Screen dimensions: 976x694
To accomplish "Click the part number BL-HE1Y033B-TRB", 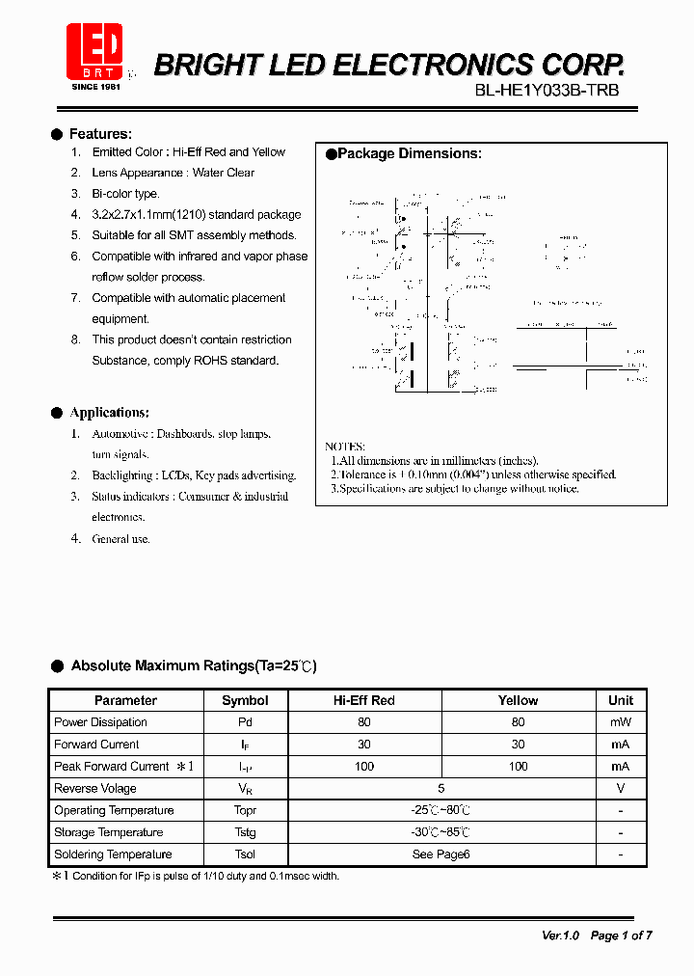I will pyautogui.click(x=547, y=91).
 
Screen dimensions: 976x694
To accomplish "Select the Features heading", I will pyautogui.click(x=100, y=134).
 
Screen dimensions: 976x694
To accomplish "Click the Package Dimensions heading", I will pyautogui.click(x=410, y=153).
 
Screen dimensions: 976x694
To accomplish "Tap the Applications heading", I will pyautogui.click(x=109, y=413).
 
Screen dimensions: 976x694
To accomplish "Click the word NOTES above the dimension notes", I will pyautogui.click(x=345, y=447).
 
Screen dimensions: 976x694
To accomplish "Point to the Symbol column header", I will pyautogui.click(x=245, y=700).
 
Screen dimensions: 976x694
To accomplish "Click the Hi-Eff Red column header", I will pyautogui.click(x=364, y=700).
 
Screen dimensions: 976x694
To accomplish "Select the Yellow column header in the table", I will pyautogui.click(x=518, y=700).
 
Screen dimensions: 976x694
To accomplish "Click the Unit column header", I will pyautogui.click(x=621, y=700).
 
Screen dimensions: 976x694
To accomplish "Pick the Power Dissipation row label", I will pyautogui.click(x=100, y=722).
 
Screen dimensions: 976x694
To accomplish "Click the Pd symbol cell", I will pyautogui.click(x=245, y=722).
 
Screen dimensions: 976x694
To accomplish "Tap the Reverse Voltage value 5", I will pyautogui.click(x=441, y=788).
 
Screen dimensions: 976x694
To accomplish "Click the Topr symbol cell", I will pyautogui.click(x=245, y=810).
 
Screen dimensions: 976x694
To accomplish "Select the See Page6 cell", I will pyautogui.click(x=441, y=854).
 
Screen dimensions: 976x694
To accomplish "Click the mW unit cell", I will pyautogui.click(x=621, y=722).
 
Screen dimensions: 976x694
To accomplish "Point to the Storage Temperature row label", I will pyautogui.click(x=108, y=832).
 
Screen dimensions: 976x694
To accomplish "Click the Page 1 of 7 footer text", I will pyautogui.click(x=621, y=935).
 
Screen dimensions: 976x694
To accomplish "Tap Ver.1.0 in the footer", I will pyautogui.click(x=560, y=935).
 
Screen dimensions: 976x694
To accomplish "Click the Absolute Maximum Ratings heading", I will pyautogui.click(x=194, y=666).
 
